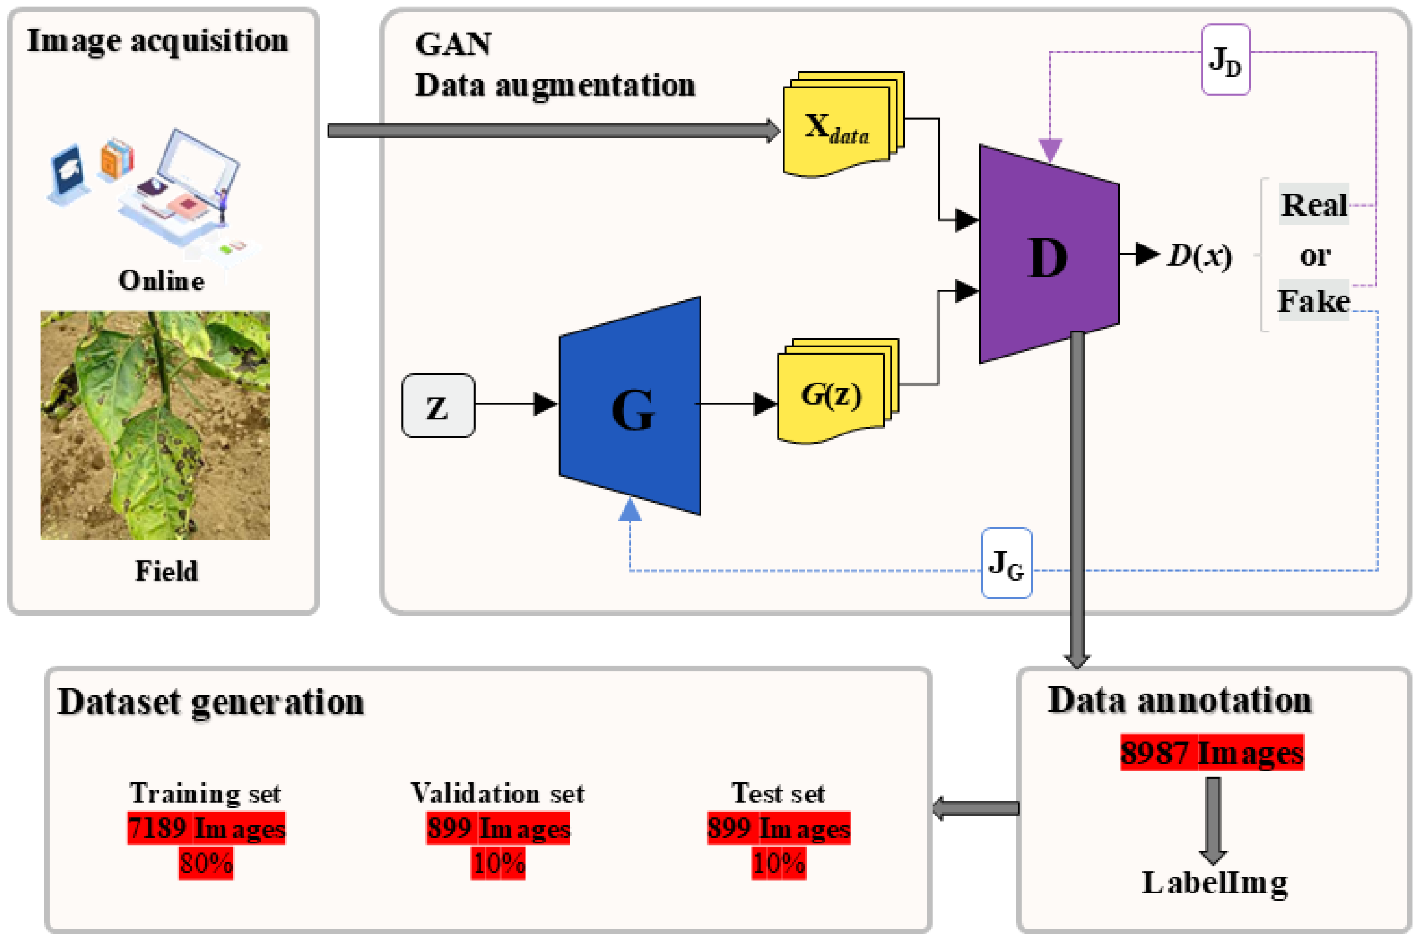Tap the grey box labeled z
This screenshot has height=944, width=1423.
(438, 406)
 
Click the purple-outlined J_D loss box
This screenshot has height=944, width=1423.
(1225, 60)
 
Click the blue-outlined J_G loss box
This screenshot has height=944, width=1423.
(1006, 563)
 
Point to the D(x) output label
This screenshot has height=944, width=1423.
(1199, 256)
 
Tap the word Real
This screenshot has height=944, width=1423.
(1313, 205)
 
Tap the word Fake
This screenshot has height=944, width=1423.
(1313, 301)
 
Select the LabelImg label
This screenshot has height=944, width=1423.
(1214, 883)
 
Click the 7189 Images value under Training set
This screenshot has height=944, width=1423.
(206, 828)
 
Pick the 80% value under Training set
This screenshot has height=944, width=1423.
(206, 863)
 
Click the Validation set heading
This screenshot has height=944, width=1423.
(497, 793)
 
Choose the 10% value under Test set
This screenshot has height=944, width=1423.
(778, 863)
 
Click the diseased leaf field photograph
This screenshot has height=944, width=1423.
(155, 424)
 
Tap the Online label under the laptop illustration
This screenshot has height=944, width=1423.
(161, 281)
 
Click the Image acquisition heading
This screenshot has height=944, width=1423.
(158, 41)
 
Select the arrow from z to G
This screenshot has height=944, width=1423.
(515, 403)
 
